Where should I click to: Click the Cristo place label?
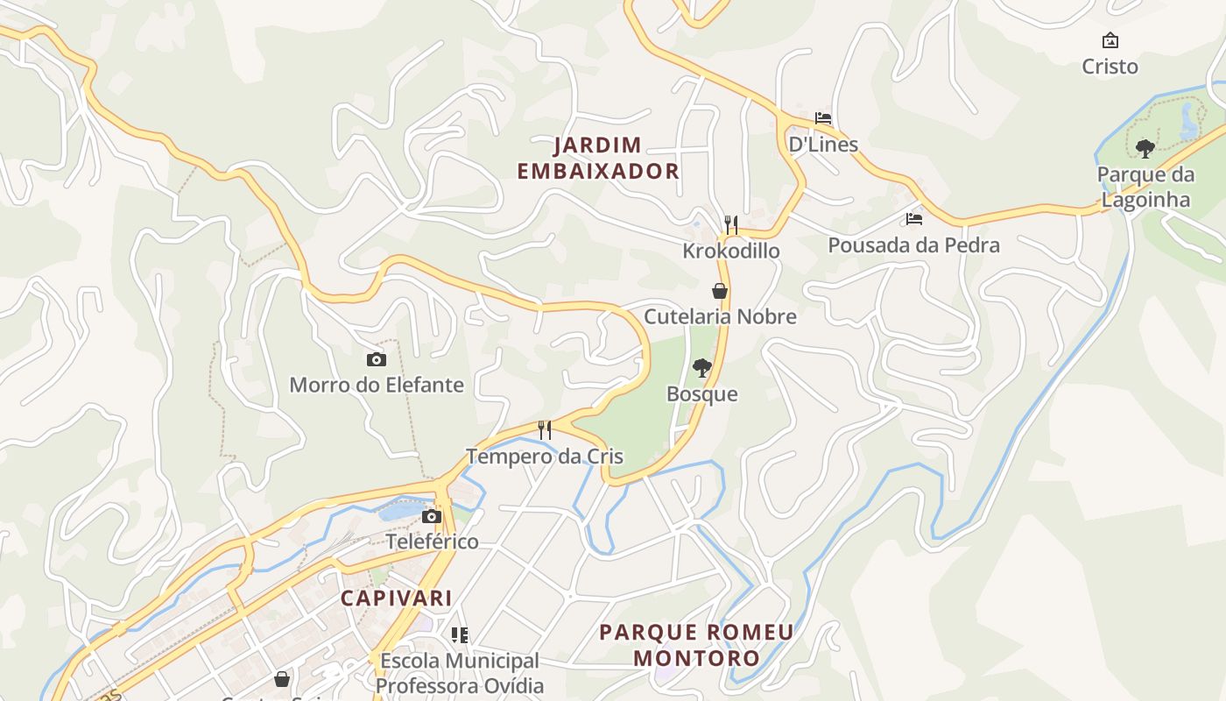click(1110, 67)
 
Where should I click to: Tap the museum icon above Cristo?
click(1110, 40)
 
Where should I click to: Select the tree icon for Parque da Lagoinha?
click(1145, 148)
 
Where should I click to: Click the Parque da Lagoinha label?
click(1145, 188)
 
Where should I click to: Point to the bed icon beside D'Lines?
click(823, 118)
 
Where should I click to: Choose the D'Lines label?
click(823, 145)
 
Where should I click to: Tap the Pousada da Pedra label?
click(913, 245)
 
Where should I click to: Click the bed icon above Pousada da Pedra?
click(914, 219)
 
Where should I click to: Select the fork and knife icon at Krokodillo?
click(731, 225)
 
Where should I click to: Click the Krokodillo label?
click(731, 251)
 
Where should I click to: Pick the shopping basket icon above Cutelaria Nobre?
click(720, 291)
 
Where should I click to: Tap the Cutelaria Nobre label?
click(720, 316)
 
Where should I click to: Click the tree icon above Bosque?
click(701, 368)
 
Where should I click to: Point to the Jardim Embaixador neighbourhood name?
click(598, 158)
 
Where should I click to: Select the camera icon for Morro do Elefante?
click(376, 359)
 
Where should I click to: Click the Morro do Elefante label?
click(377, 385)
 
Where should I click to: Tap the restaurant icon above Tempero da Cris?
click(545, 429)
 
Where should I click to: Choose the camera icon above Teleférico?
click(432, 516)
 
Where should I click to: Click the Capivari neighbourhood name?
click(396, 598)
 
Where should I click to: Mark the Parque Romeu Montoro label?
click(696, 645)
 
